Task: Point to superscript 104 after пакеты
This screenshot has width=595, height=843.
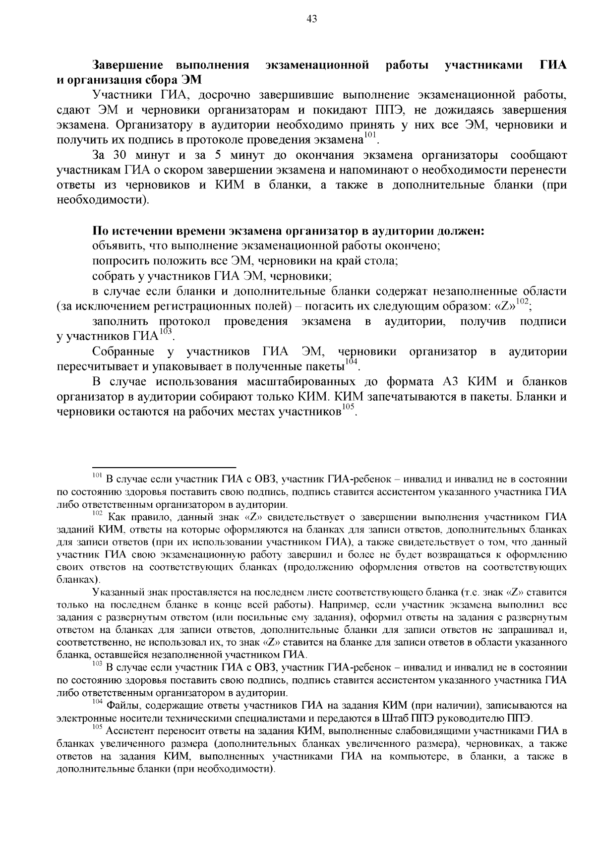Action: (351, 362)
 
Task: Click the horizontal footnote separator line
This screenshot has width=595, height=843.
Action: (164, 467)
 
